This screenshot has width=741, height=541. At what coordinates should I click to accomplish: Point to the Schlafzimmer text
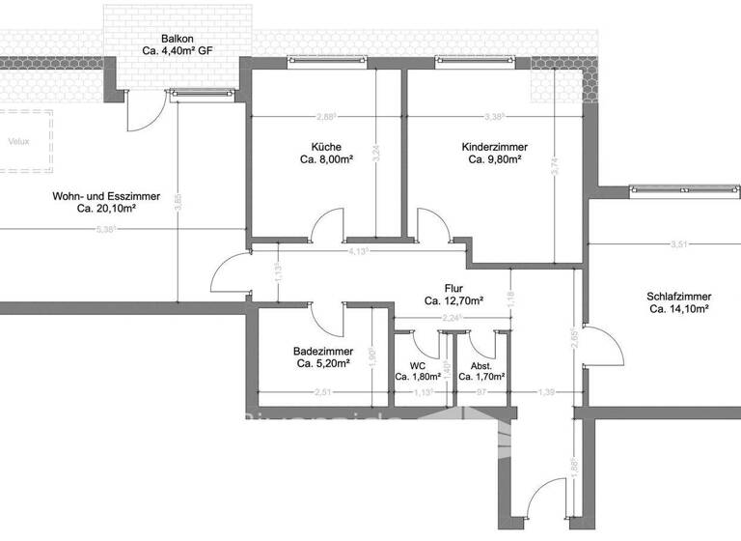coord(680,297)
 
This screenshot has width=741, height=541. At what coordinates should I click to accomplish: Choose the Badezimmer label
coord(323,352)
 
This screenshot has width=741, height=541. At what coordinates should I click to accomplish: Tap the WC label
coord(417,366)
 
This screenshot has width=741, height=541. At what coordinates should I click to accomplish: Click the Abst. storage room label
coord(481,366)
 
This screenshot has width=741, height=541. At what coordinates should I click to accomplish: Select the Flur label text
coord(453,288)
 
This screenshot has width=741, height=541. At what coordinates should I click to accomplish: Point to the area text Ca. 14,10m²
coord(680,310)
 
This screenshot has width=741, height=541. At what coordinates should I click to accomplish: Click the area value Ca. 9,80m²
coord(494,160)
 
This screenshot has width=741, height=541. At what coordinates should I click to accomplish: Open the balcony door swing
coord(142,114)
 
